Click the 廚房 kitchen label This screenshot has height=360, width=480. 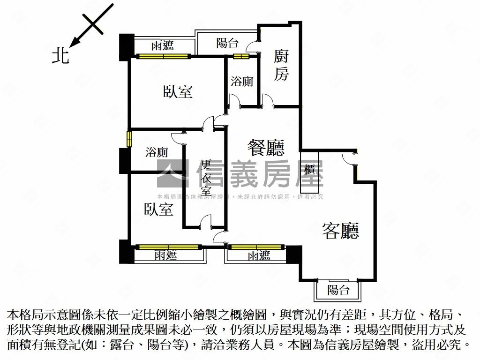pyautogui.click(x=281, y=66)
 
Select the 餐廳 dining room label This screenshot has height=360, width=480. pyautogui.click(x=266, y=148)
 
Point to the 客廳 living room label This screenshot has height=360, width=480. pyautogui.click(x=340, y=231)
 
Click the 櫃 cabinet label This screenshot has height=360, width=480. pyautogui.click(x=310, y=170)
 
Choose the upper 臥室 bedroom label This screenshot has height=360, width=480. pyautogui.click(x=178, y=91)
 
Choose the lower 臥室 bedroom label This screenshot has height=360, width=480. pyautogui.click(x=158, y=209)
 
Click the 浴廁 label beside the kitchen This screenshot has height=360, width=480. pyautogui.click(x=242, y=82)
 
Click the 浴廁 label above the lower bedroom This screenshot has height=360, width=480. pyautogui.click(x=157, y=152)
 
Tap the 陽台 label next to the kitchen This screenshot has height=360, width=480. pyautogui.click(x=227, y=44)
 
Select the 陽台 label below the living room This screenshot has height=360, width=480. pyautogui.click(x=338, y=290)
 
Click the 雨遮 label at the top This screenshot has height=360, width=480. pyautogui.click(x=162, y=45)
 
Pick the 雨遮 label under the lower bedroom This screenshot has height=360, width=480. pyautogui.click(x=165, y=255)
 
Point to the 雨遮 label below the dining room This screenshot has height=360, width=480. pyautogui.click(x=259, y=255)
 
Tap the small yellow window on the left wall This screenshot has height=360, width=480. pyautogui.click(x=128, y=139)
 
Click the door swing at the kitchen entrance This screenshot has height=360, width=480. pyautogui.click(x=268, y=101)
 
